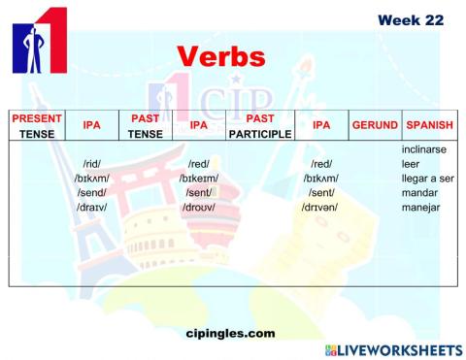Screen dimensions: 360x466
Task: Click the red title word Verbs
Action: (x=220, y=56)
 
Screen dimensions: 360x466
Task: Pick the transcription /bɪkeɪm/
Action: (x=199, y=179)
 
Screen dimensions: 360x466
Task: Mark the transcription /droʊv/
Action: (x=199, y=208)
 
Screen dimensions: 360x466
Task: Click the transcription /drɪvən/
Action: (x=318, y=208)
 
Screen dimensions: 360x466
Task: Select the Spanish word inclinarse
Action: (x=425, y=149)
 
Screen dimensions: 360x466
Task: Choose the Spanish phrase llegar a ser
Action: (x=427, y=179)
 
